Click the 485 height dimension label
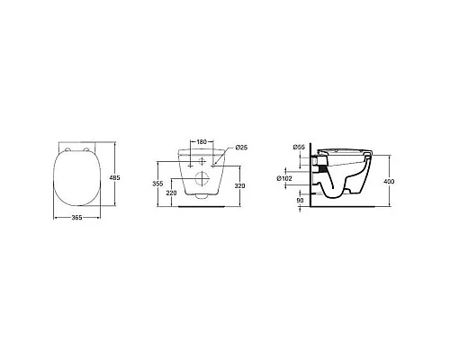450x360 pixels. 115,177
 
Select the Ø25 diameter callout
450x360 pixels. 241,148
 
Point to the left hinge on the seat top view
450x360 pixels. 68,147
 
